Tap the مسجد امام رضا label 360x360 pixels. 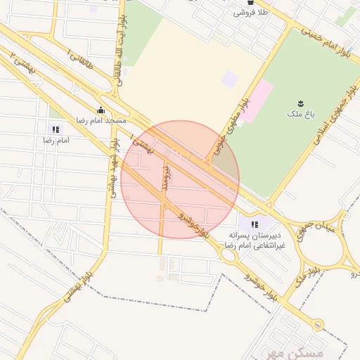pos(101,121)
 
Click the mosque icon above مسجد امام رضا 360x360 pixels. pos(101,110)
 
